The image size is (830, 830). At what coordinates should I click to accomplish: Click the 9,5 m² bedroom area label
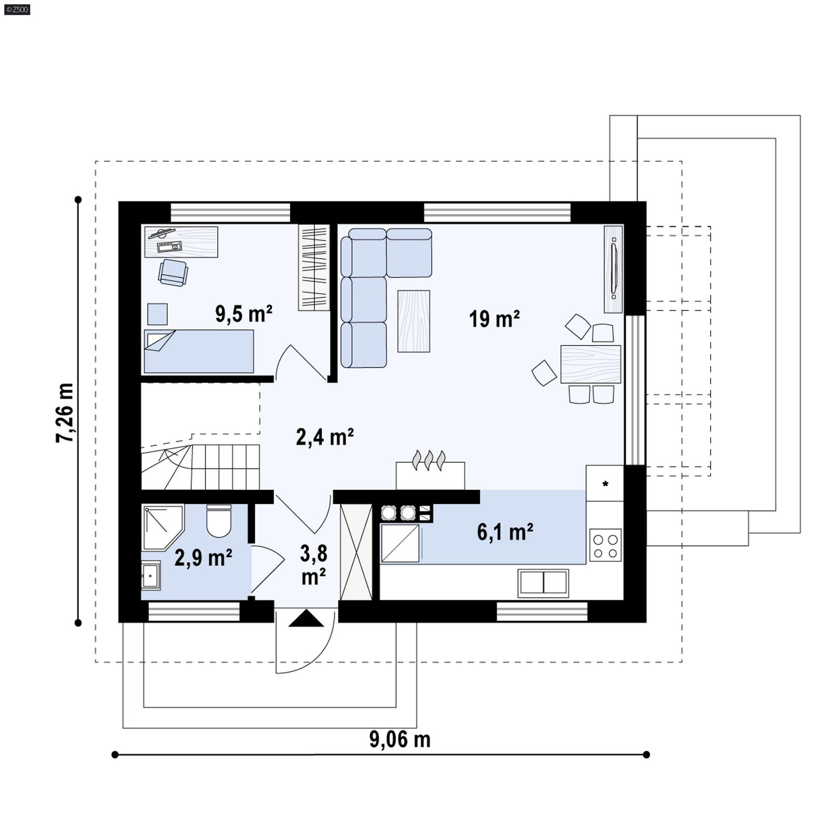243,314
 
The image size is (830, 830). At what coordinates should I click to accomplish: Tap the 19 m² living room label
494,319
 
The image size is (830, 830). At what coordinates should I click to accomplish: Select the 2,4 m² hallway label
325,437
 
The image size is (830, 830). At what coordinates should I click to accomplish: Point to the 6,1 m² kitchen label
505,532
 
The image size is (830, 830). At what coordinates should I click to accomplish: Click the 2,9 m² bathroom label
203,558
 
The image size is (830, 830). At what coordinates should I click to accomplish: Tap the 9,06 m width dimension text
399,739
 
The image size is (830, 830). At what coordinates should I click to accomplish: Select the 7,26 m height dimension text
65,413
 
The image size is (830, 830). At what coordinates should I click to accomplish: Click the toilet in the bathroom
218,521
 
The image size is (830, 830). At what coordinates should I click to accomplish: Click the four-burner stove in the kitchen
605,545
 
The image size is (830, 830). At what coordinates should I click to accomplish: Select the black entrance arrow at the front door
306,618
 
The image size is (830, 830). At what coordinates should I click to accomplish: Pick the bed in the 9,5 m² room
199,351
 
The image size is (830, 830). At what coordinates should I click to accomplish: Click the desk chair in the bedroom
173,272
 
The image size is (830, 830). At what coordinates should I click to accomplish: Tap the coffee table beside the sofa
413,321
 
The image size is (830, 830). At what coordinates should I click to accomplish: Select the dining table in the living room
590,364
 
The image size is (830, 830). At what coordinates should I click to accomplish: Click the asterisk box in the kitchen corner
605,483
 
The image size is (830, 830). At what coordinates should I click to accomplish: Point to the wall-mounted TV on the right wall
613,269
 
